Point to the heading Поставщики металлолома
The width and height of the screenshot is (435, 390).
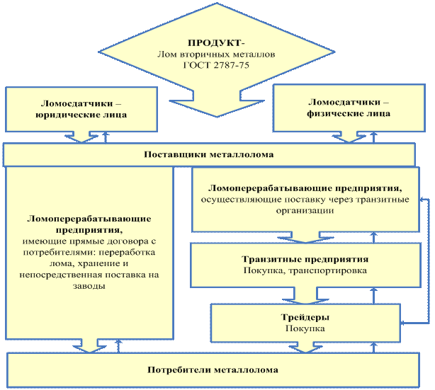[209, 154]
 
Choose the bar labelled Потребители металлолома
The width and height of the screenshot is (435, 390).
[213, 370]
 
